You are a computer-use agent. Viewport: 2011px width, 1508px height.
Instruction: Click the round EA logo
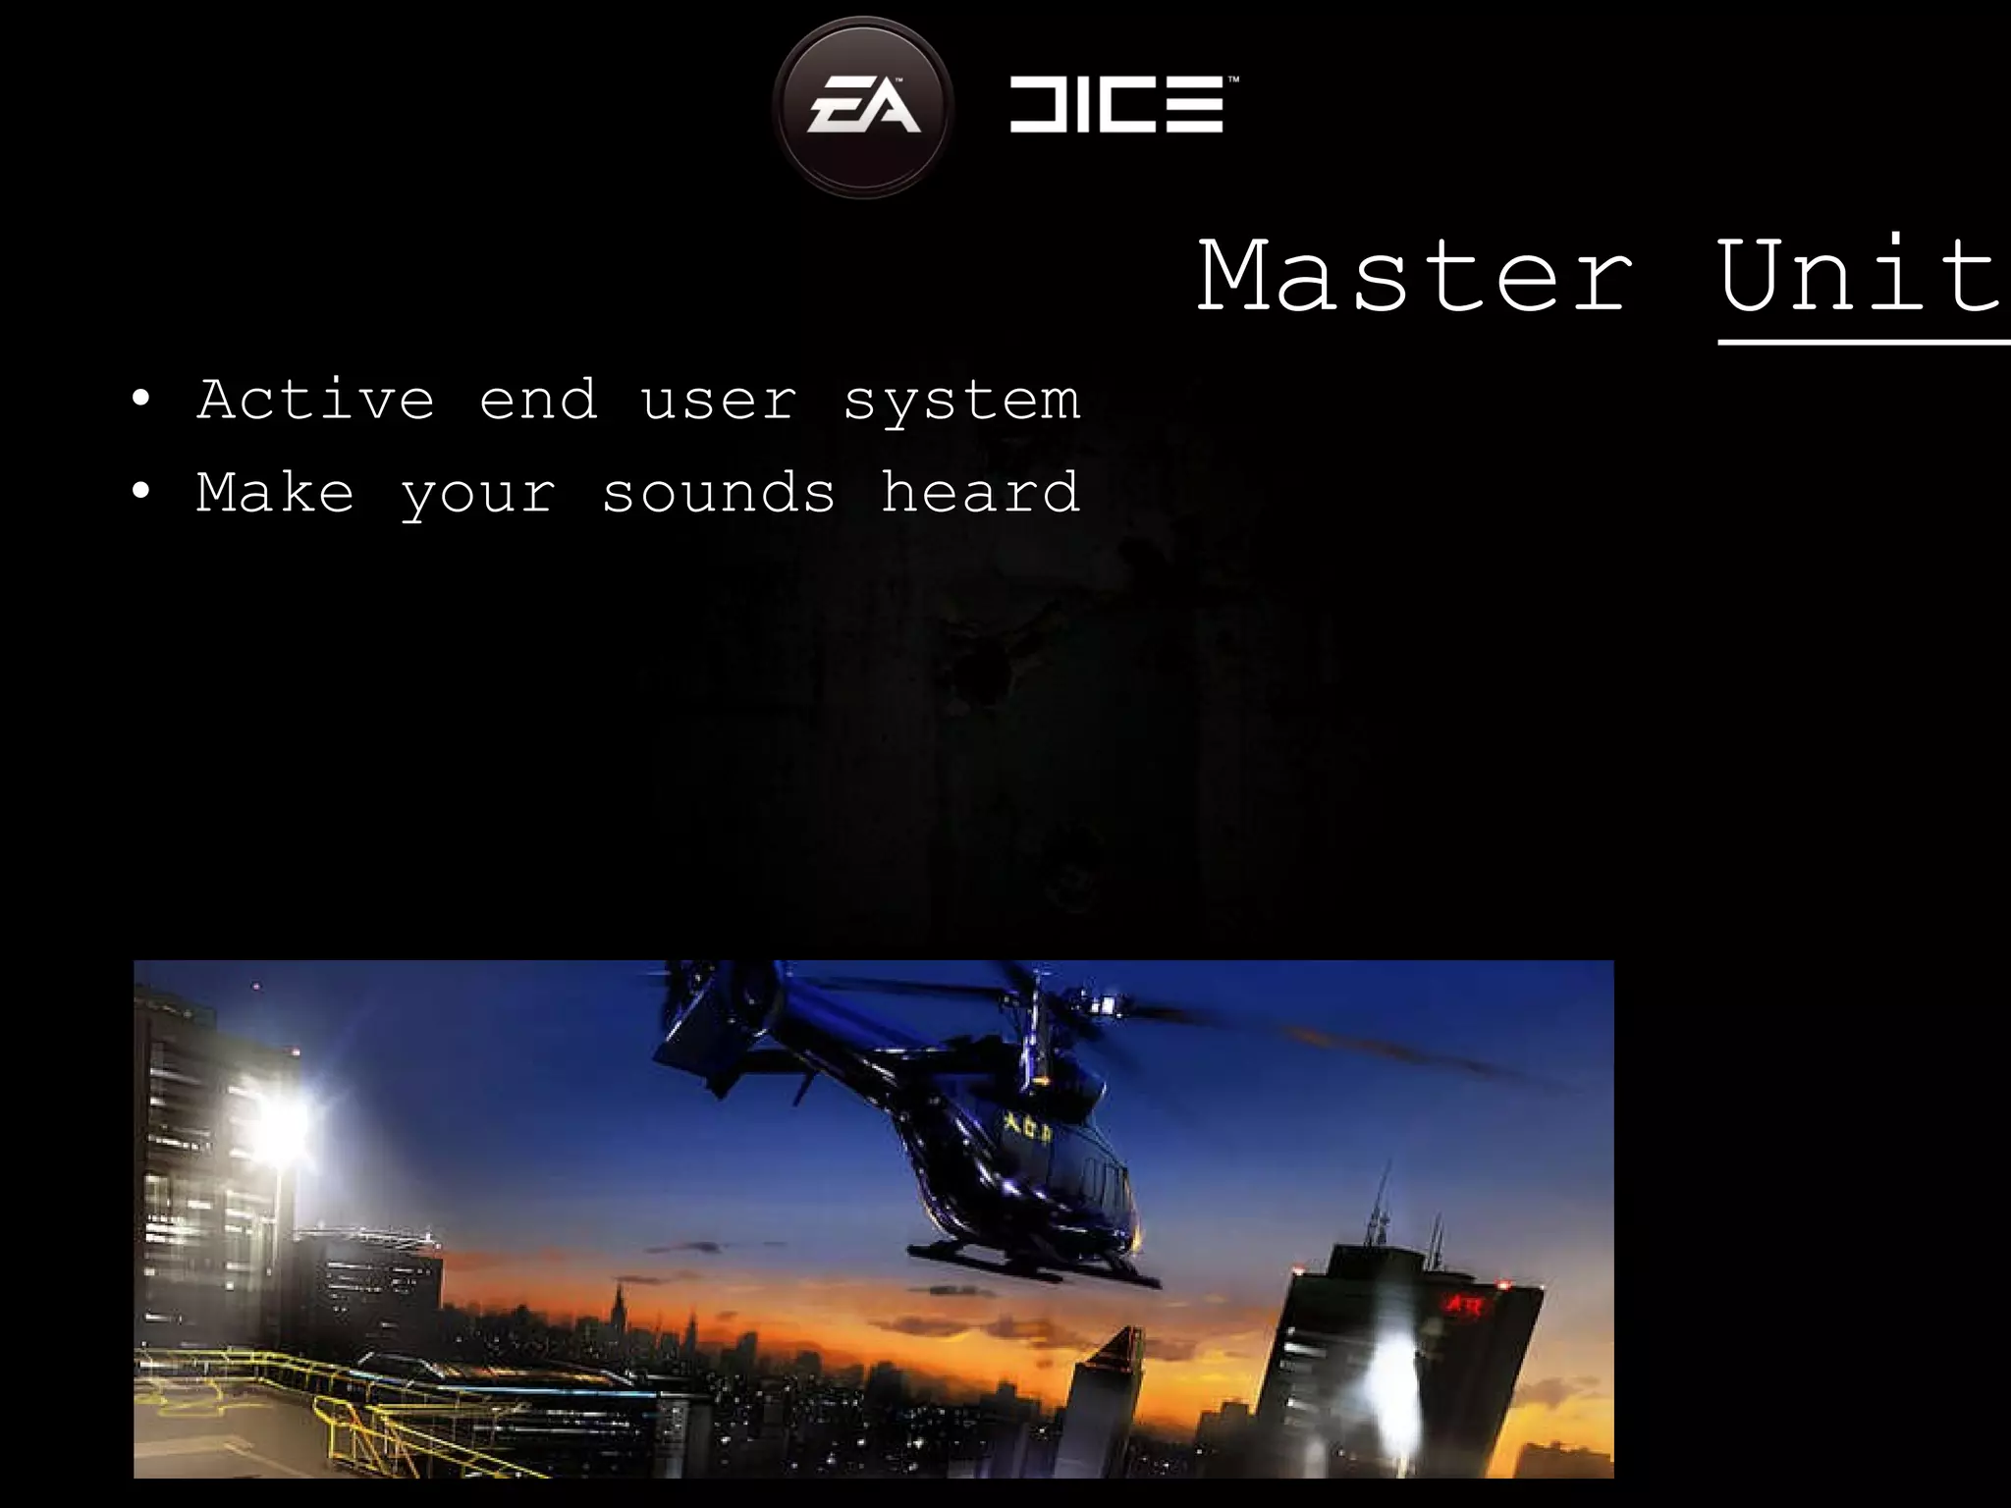pos(862,106)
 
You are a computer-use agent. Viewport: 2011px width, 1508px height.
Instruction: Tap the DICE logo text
pos(1119,106)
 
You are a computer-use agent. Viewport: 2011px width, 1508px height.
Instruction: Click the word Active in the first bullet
pos(315,401)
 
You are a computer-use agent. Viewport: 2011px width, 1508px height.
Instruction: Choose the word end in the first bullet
pos(538,401)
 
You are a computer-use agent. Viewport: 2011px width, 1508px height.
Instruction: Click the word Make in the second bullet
pos(275,492)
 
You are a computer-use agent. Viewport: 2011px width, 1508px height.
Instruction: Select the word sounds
pos(719,492)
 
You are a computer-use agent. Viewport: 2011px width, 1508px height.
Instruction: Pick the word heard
pos(980,492)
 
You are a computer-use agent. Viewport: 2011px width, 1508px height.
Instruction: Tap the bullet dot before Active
pos(142,401)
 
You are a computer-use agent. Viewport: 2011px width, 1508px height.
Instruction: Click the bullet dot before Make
pos(142,492)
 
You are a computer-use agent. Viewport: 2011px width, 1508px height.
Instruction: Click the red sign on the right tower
pos(1464,1305)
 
